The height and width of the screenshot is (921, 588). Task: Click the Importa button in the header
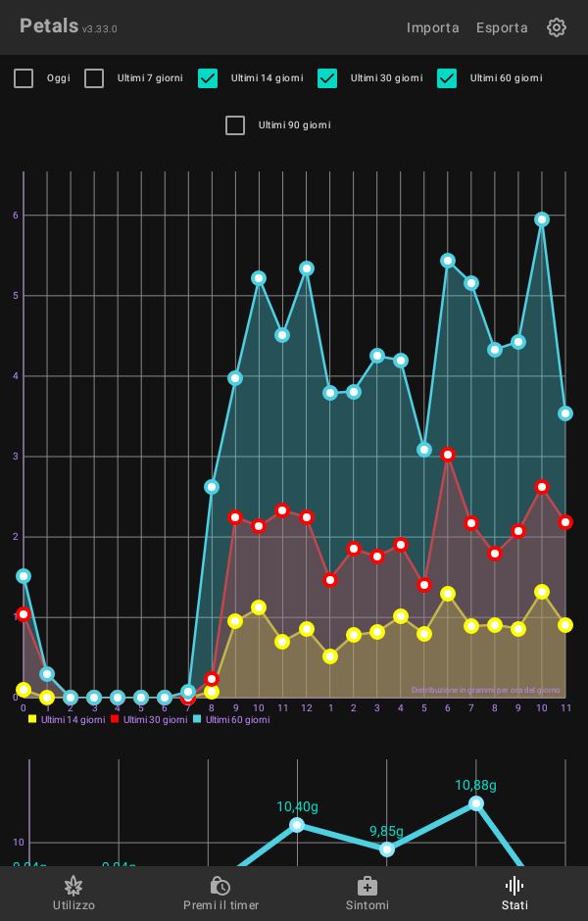point(432,27)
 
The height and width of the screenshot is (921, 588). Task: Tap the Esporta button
point(502,27)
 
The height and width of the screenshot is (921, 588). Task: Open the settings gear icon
point(557,27)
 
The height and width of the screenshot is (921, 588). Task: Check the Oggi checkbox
point(24,78)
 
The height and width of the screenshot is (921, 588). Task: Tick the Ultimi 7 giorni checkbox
point(94,78)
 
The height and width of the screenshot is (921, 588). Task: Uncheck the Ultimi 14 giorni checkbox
point(208,78)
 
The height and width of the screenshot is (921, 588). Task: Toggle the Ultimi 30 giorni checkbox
point(327,78)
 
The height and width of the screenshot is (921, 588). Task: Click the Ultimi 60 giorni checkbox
point(447,78)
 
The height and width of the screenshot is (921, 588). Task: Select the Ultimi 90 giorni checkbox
point(235,125)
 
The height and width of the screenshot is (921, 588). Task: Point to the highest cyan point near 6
point(542,219)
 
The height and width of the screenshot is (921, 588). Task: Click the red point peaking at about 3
point(448,455)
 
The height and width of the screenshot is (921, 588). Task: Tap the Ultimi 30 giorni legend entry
point(149,719)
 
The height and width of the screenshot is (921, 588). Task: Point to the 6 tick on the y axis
point(16,216)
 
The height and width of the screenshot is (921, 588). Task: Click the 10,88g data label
point(475,786)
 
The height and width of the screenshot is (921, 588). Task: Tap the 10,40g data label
point(297,807)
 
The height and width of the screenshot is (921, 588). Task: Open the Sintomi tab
point(367,894)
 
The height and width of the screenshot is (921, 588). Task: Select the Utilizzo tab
point(73,894)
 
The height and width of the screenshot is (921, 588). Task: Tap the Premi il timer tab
point(220,894)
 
